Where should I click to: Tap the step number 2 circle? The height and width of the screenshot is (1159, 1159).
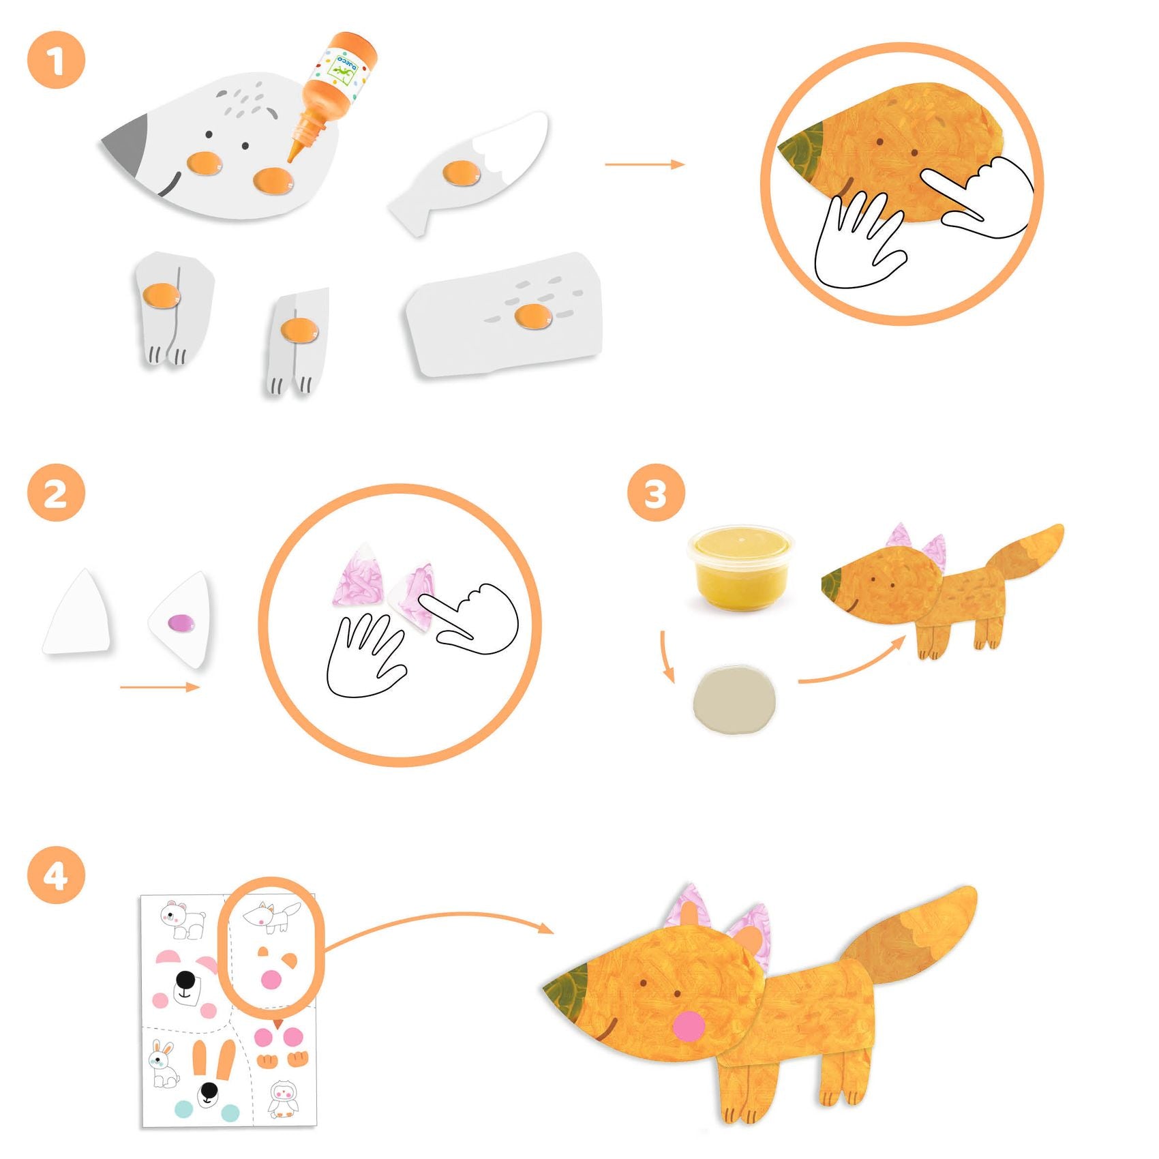pos(56,494)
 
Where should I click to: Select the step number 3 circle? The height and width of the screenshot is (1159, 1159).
pos(656,494)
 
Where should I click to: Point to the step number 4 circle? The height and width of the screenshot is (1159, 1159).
pos(56,875)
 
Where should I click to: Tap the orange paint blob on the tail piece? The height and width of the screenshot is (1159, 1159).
pos(461,173)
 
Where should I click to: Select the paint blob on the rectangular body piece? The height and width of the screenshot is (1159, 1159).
pos(532,316)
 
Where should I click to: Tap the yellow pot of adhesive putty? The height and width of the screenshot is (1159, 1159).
pos(740,567)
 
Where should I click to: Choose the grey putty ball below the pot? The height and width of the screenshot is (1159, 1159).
pos(734,700)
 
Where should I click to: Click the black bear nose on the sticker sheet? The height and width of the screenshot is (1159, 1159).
pos(185,980)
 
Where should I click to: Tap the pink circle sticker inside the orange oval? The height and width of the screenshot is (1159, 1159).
pos(271,980)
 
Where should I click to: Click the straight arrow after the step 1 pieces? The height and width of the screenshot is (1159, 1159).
pos(644,164)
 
